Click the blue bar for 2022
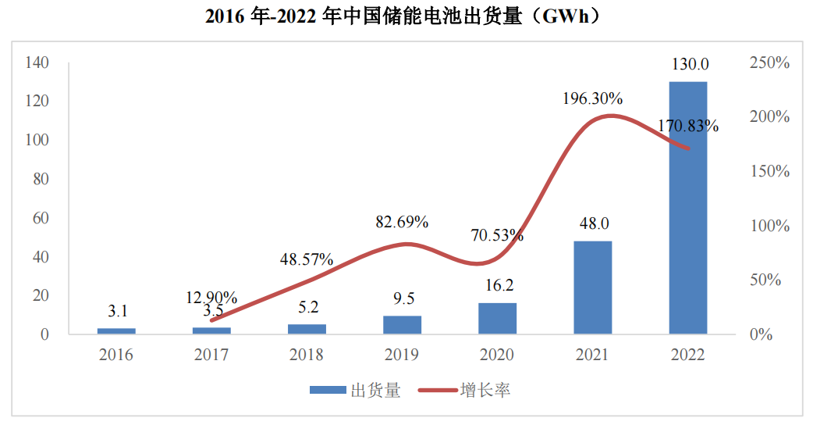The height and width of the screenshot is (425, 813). pyautogui.click(x=687, y=208)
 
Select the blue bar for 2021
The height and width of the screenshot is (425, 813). pyautogui.click(x=592, y=287)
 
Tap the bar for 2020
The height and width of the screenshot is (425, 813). pyautogui.click(x=497, y=319)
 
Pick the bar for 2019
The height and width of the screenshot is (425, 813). pyautogui.click(x=402, y=325)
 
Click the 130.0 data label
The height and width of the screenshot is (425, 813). pyautogui.click(x=688, y=64)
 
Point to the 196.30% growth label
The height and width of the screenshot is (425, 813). pyautogui.click(x=593, y=98)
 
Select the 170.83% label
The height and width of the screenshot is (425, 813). pyautogui.click(x=688, y=125)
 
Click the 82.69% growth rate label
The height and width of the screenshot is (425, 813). pyautogui.click(x=402, y=222)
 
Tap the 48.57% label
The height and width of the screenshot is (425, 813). pyautogui.click(x=307, y=259)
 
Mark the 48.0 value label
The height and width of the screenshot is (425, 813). pyautogui.click(x=593, y=223)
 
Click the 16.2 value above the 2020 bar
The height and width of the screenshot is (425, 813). pyautogui.click(x=498, y=285)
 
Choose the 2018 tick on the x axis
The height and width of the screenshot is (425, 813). pyautogui.click(x=307, y=355)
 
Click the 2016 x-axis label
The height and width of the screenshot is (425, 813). pyautogui.click(x=116, y=355)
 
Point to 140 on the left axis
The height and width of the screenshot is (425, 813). pyautogui.click(x=37, y=62)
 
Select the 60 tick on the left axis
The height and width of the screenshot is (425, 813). pyautogui.click(x=41, y=218)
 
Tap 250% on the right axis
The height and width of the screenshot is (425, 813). pyautogui.click(x=769, y=62)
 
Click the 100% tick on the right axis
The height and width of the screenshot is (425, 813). pyautogui.click(x=769, y=226)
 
